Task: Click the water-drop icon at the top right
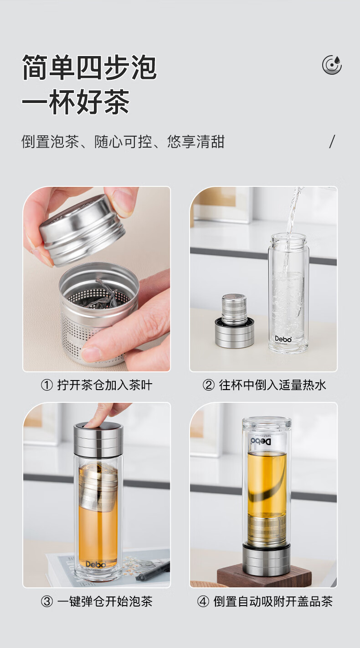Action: tap(332, 65)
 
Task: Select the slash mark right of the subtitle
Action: tap(332, 141)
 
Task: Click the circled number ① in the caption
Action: tap(47, 386)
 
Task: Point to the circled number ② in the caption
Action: tap(208, 386)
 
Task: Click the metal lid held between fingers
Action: tap(82, 230)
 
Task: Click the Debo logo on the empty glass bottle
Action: tap(283, 339)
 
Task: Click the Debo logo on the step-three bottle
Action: tap(96, 564)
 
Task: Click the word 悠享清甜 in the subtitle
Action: tap(195, 142)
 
